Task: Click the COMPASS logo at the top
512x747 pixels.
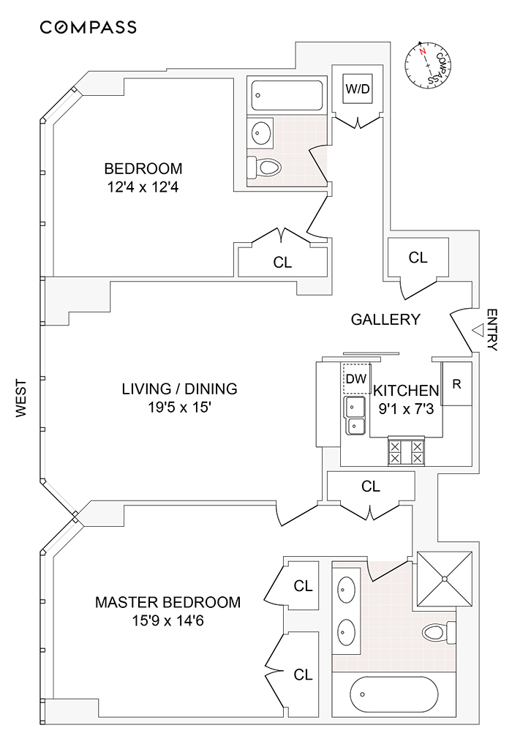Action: point(88,28)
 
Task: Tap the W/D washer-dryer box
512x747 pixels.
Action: point(358,90)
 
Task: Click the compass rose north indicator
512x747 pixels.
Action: point(422,53)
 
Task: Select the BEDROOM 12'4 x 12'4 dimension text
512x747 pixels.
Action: point(143,187)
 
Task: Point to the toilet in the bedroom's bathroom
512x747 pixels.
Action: point(265,168)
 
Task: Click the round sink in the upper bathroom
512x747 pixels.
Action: point(260,133)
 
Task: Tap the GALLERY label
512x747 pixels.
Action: point(385,319)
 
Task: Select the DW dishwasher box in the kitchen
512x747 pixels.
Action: point(355,378)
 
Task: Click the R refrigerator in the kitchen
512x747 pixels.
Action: point(456,383)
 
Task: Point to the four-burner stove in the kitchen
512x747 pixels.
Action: point(407,451)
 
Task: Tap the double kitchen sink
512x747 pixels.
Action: point(355,416)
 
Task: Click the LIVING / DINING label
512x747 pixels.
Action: point(179,388)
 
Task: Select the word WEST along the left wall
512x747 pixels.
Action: point(21,397)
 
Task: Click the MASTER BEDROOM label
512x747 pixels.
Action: point(167,603)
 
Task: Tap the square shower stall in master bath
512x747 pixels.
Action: point(443,579)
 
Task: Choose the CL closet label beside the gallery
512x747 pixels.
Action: point(418,258)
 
